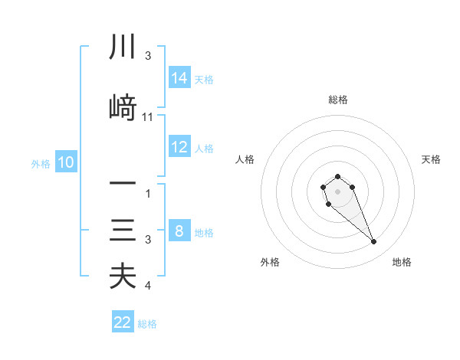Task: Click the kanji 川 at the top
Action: click(x=123, y=48)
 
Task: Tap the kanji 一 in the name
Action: click(x=123, y=185)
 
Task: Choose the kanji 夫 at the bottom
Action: click(x=123, y=277)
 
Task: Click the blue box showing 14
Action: click(x=179, y=78)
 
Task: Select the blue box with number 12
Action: click(x=179, y=147)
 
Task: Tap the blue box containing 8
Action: click(x=179, y=231)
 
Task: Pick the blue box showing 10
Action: click(x=65, y=162)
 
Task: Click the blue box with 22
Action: click(x=123, y=322)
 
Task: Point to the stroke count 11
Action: click(x=148, y=117)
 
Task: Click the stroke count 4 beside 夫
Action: click(x=148, y=286)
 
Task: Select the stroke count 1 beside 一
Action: click(x=148, y=194)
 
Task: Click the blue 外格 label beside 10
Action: click(x=40, y=163)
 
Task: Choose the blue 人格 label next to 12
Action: click(x=204, y=148)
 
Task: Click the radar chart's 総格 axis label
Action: click(x=337, y=100)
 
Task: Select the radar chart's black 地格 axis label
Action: click(x=402, y=262)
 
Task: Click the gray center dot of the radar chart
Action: click(x=337, y=190)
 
